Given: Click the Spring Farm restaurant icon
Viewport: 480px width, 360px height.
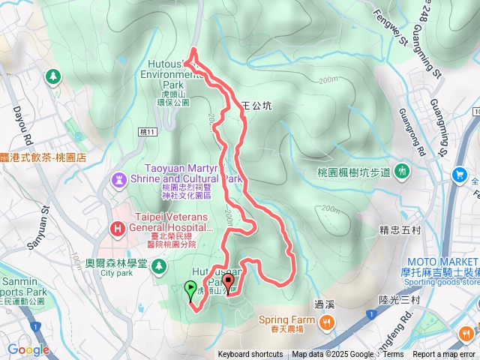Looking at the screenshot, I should point(327,322).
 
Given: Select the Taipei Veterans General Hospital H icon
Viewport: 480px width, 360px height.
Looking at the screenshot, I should point(117,228).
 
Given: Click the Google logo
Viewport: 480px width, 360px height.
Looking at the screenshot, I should point(28,349).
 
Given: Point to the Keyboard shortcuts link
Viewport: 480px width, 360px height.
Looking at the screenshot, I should point(250,355).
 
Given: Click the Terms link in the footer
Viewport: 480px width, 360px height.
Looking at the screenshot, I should point(393,355).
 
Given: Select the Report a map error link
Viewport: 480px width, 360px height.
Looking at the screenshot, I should point(445,355).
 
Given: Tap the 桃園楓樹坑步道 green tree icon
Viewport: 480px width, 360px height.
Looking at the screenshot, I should point(400,171).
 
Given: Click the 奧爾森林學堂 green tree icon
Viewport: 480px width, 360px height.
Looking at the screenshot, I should point(158,265).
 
